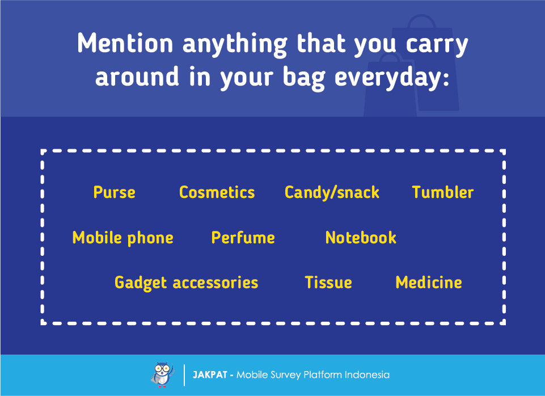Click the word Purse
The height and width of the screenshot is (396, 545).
(x=115, y=192)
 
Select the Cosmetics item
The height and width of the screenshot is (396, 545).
(x=217, y=192)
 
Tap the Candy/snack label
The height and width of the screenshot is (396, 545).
(x=332, y=193)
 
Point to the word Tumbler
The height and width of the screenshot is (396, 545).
(x=443, y=192)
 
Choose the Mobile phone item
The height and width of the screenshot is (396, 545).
(x=122, y=238)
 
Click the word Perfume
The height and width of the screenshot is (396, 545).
(x=243, y=238)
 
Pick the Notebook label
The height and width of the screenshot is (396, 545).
(x=361, y=238)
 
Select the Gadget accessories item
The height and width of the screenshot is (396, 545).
(x=187, y=283)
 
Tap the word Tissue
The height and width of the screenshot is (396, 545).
(x=328, y=283)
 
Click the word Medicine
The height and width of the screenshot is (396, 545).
(x=429, y=283)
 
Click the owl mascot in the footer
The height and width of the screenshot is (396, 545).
(x=163, y=374)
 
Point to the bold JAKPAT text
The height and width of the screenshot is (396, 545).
(x=210, y=375)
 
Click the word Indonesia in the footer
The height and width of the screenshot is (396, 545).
(x=367, y=375)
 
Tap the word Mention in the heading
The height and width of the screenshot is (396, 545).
(x=125, y=44)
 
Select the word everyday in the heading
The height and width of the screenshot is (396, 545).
(x=392, y=77)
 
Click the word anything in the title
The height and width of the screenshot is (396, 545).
(x=235, y=45)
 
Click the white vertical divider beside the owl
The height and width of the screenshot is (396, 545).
(x=184, y=375)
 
